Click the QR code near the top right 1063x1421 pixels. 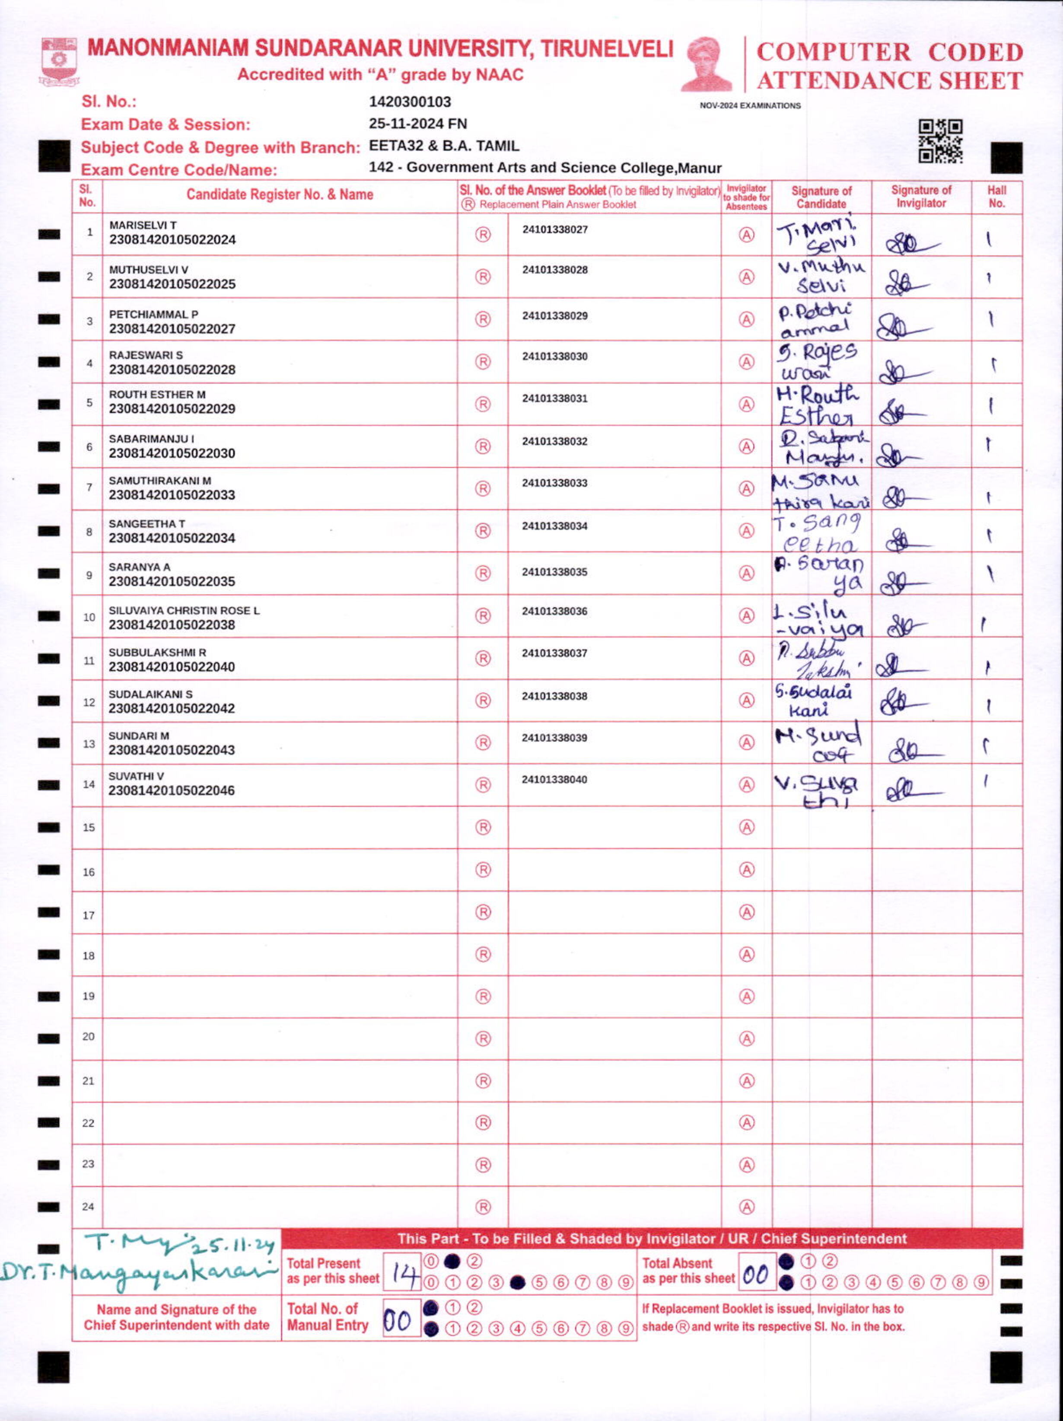click(x=940, y=141)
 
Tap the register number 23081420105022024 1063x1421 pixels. click(x=172, y=239)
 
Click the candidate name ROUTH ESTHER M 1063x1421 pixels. click(x=157, y=395)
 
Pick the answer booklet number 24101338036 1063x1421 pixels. click(x=554, y=611)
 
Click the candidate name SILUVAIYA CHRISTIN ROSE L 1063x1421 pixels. click(x=184, y=610)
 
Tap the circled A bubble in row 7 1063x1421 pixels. click(x=746, y=488)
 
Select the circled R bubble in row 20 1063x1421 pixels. click(x=483, y=1039)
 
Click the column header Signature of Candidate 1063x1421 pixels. click(x=821, y=197)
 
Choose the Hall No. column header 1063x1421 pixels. click(x=996, y=197)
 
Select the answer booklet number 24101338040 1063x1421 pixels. click(x=554, y=779)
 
